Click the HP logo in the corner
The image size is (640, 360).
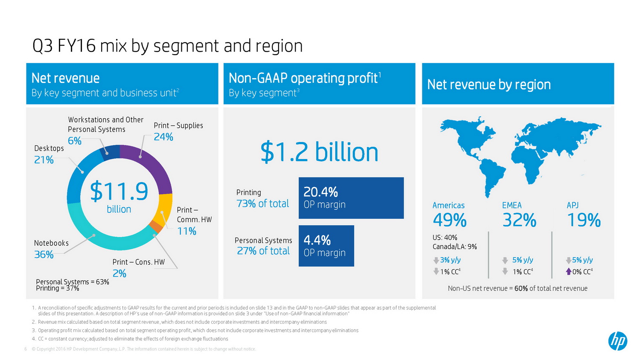[x=617, y=341]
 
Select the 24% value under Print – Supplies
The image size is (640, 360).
[x=163, y=137]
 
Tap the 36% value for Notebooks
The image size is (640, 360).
[x=44, y=255]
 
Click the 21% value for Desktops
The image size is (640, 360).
[x=44, y=160]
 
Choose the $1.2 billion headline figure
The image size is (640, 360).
[x=319, y=152]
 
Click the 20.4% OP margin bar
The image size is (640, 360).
[x=351, y=198]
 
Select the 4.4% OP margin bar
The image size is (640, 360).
[x=326, y=246]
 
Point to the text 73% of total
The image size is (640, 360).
[x=263, y=204]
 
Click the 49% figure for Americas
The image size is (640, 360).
[x=450, y=221]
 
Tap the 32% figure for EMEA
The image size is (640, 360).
[x=519, y=221]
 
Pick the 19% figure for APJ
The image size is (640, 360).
[x=584, y=221]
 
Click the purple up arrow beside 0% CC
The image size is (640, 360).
[x=568, y=272]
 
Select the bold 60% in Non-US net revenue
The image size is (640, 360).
[x=521, y=288]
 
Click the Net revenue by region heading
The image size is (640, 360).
[x=489, y=84]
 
